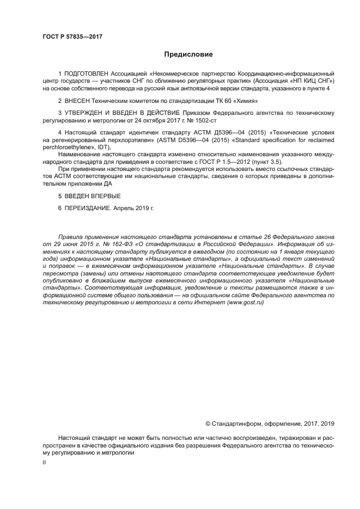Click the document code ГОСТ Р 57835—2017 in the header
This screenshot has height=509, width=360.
tap(72, 36)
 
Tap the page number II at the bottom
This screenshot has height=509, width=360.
tap(44, 462)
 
